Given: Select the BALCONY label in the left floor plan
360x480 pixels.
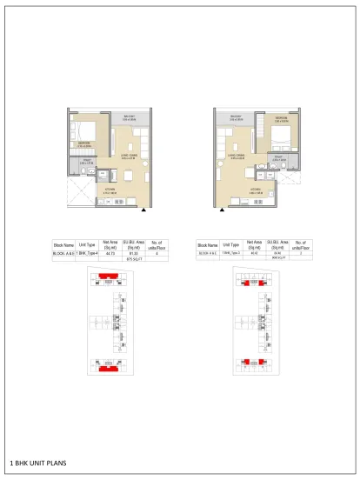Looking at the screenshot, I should click(x=126, y=116).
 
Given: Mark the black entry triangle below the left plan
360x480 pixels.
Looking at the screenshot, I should click(x=143, y=209).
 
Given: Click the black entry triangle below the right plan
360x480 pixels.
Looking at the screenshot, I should click(x=223, y=210).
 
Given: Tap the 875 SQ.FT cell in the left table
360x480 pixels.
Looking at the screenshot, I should click(x=134, y=259).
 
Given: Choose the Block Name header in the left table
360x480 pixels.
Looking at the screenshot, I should click(x=63, y=245).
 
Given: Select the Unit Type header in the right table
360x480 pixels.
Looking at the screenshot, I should click(x=230, y=246).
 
